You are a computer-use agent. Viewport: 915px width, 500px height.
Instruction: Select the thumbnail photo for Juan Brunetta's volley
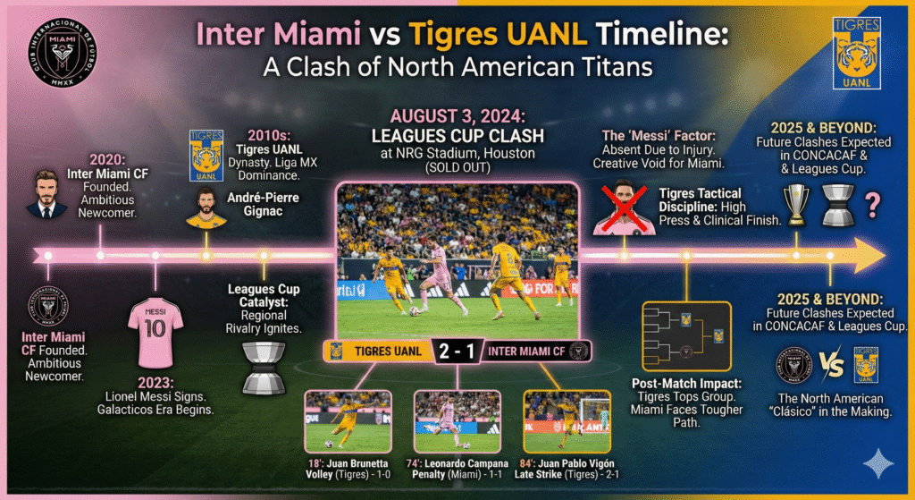point(347,420)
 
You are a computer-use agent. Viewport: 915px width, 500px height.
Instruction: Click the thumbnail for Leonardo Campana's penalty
point(457,420)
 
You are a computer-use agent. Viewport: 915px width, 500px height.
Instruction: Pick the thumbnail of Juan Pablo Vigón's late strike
point(567,420)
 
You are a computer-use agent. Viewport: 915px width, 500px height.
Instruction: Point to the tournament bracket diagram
point(686,336)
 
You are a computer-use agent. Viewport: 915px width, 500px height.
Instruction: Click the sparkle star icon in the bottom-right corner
point(881,462)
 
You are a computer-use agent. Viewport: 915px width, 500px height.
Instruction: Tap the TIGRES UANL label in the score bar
point(388,351)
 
